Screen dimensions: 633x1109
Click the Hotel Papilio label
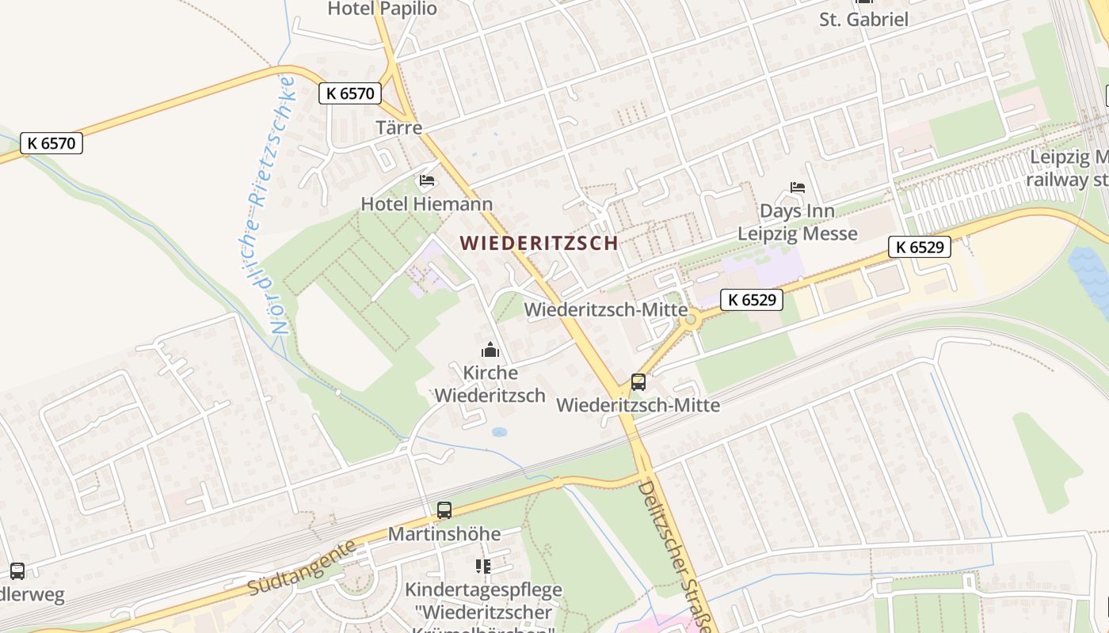[382, 9]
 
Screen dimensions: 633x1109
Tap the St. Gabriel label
[863, 20]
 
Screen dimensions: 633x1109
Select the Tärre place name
[398, 127]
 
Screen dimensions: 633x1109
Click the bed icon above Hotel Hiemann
[427, 181]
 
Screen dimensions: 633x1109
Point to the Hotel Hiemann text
[426, 204]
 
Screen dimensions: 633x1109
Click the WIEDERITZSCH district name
[539, 243]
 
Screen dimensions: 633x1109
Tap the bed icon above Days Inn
[798, 188]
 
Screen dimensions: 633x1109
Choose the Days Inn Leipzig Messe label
[798, 222]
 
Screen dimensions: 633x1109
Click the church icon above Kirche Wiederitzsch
[490, 350]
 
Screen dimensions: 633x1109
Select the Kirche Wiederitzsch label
[490, 384]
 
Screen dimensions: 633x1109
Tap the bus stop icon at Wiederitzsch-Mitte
[638, 382]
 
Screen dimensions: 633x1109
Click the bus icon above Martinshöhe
[444, 510]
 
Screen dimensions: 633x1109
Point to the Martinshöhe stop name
[444, 534]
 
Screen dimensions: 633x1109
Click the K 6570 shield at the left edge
[51, 143]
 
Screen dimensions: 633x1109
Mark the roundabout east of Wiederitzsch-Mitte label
[692, 320]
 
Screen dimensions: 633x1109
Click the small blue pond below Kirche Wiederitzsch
[499, 432]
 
